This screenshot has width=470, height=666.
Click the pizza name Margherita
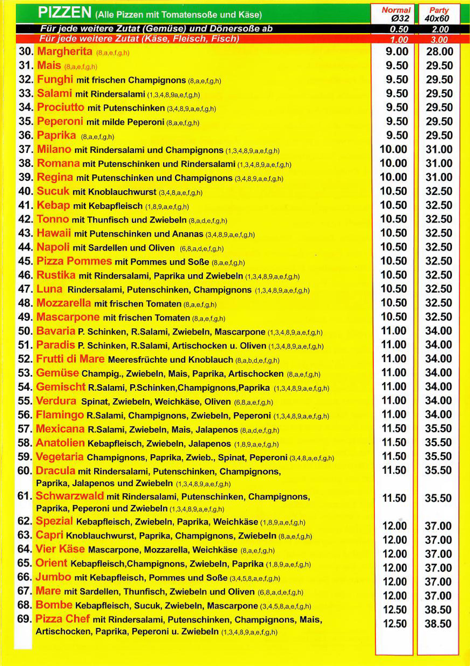click(x=65, y=52)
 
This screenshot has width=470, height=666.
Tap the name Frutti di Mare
click(x=70, y=359)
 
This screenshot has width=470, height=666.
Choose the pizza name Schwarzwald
click(x=70, y=496)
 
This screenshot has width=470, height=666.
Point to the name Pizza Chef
click(x=62, y=619)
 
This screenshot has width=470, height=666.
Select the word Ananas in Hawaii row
click(x=187, y=234)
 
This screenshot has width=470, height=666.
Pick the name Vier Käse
click(x=60, y=549)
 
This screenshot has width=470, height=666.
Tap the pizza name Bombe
click(x=54, y=605)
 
